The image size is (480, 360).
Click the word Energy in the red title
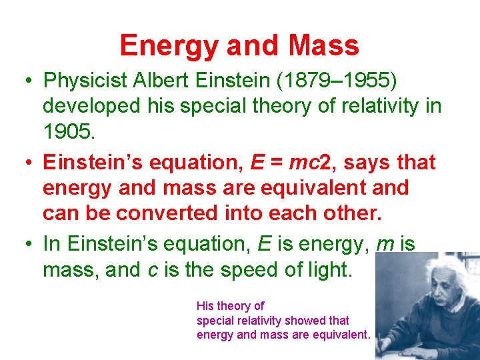coord(169,45)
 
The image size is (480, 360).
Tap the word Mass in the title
coord(324,45)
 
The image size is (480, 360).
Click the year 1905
coord(69,131)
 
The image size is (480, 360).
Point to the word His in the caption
coord(205,306)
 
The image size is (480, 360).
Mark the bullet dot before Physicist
coord(31,81)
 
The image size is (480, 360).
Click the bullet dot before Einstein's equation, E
coord(31,163)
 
